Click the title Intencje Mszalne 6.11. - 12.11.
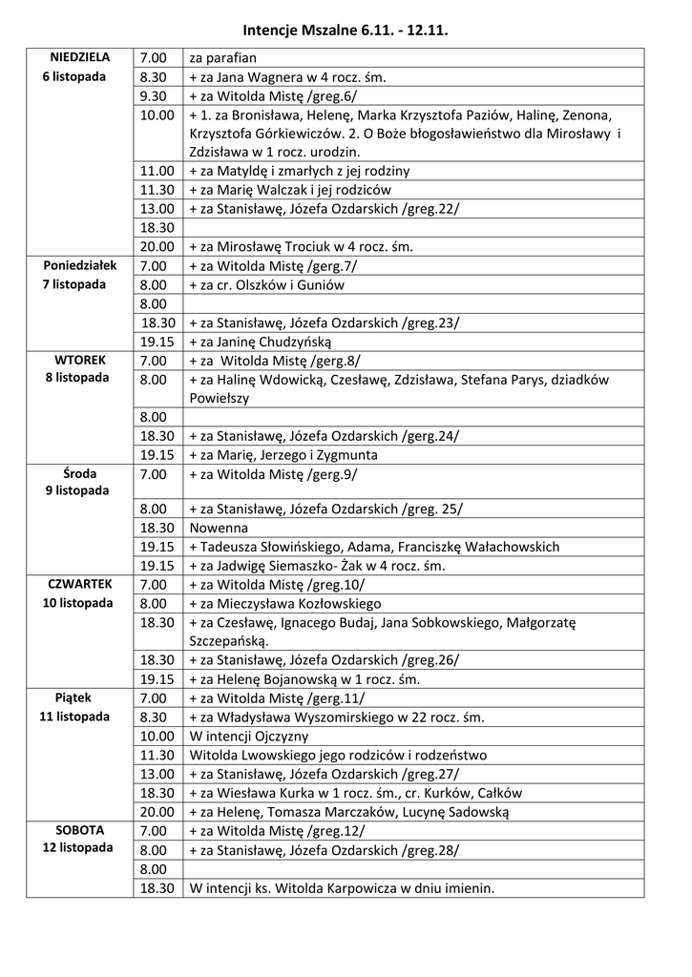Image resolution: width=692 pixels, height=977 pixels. point(345,31)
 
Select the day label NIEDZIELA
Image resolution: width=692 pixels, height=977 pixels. point(80,57)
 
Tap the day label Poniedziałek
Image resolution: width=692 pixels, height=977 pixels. point(80,265)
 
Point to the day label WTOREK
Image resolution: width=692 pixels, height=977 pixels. point(80,360)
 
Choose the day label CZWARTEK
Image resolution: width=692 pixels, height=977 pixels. point(80,584)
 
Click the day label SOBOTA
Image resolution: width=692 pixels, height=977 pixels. point(80,830)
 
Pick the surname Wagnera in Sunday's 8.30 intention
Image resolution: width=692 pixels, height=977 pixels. point(268,77)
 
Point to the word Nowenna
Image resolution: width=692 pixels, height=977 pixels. point(219,528)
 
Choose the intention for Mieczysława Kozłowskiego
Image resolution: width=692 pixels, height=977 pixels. point(285,604)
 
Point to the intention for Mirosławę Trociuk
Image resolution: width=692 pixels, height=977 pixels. point(301,247)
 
